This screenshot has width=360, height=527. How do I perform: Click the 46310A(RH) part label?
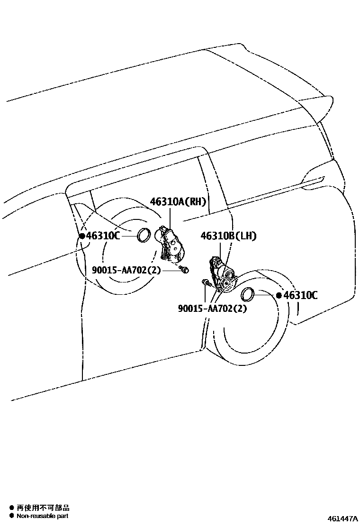point(179,202)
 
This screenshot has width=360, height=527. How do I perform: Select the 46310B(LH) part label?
point(229,236)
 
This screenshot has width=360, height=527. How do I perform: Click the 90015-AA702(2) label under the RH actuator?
point(126,270)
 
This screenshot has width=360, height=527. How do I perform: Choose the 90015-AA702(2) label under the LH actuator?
point(213,309)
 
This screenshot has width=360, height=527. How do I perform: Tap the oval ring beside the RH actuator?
point(143,236)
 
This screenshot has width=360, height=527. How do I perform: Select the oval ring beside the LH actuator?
point(248,295)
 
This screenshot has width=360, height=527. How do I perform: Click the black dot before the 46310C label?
point(82,235)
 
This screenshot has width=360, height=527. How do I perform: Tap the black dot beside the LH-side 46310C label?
point(279,295)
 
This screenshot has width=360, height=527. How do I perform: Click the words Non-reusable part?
point(43,516)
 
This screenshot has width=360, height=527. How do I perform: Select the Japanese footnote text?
point(43,508)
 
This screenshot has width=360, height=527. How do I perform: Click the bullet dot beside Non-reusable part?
point(11,516)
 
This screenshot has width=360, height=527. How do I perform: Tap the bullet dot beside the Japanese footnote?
point(11,508)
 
